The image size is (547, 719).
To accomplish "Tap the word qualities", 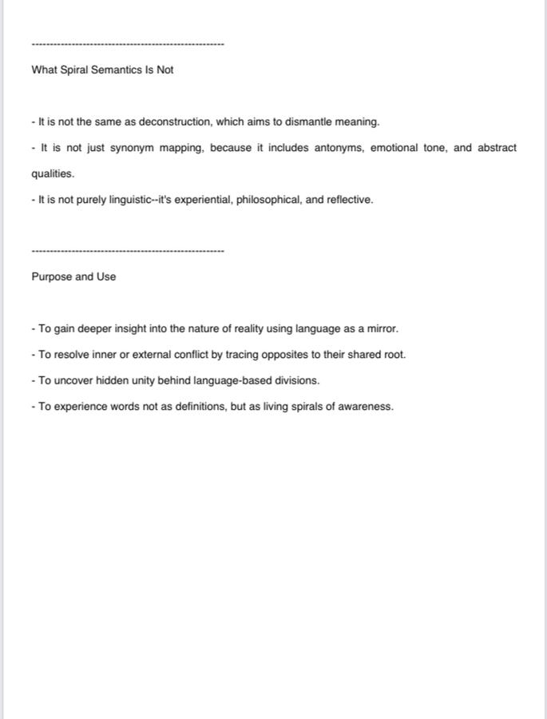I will coord(53,174).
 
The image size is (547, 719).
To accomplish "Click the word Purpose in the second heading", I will coord(51,277).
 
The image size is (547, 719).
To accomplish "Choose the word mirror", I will coord(380,329).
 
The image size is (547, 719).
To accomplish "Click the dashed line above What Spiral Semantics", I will coord(128,44).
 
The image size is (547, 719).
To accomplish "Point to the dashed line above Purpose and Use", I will coord(128,252).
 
